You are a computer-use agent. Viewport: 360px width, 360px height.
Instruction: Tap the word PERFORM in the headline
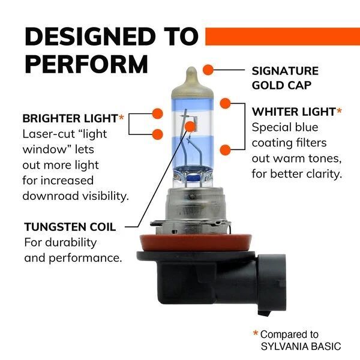coord(86,63)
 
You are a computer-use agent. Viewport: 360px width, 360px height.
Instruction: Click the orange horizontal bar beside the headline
coord(282,36)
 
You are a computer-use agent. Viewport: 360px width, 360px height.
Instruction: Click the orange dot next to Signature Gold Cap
coord(208,70)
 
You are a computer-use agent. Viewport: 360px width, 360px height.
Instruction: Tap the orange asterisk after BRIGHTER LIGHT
coord(122,116)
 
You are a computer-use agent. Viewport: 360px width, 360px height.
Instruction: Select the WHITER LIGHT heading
coord(293,112)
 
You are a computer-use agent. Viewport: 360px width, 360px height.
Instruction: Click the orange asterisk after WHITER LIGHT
coord(340,110)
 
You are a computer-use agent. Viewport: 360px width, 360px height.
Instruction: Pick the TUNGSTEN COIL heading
coord(70,227)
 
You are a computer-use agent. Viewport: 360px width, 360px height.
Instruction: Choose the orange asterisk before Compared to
coord(256,334)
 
